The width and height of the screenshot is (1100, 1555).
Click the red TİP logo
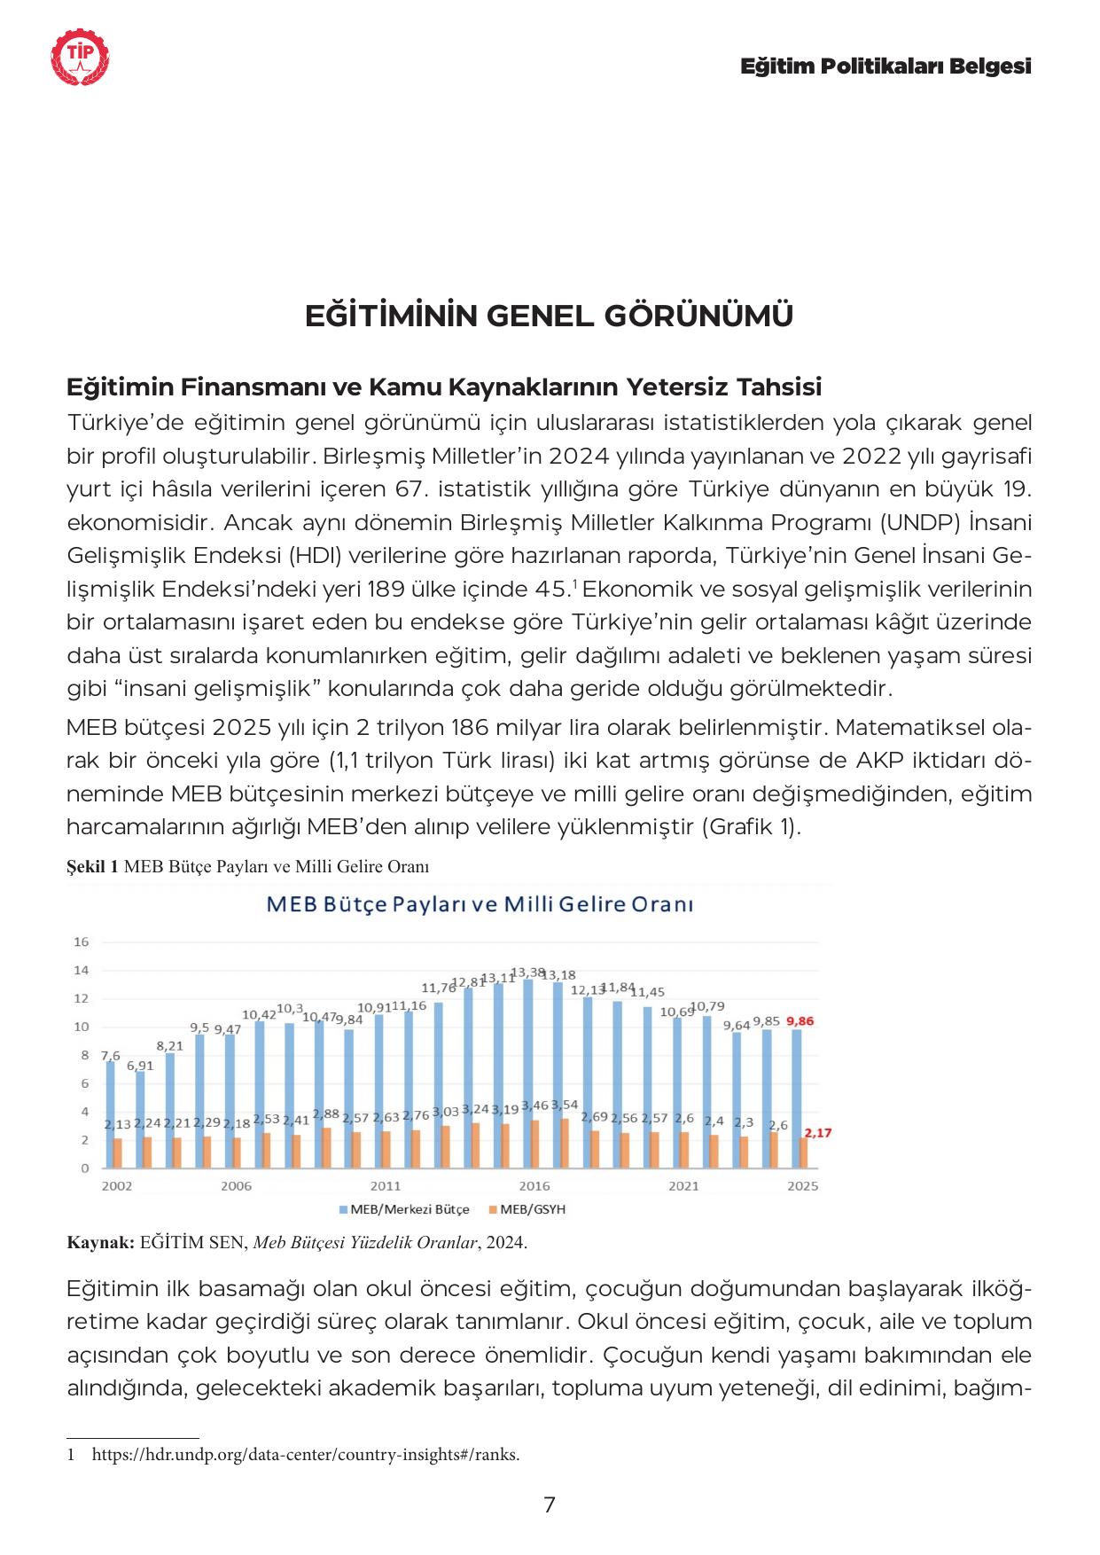(81, 58)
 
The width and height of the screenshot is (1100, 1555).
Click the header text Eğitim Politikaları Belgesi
(885, 66)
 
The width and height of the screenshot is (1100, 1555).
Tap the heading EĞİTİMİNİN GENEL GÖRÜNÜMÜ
(549, 316)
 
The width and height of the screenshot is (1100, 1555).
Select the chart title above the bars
(480, 904)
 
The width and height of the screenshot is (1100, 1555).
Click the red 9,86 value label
(800, 1021)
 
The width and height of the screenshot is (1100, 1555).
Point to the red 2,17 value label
(818, 1133)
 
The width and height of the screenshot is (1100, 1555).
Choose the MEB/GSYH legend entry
(527, 1209)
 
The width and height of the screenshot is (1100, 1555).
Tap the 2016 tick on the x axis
(534, 1186)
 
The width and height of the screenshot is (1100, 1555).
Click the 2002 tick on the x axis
(117, 1186)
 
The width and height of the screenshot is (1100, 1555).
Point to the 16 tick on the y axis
(82, 942)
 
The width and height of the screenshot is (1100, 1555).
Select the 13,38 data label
(529, 973)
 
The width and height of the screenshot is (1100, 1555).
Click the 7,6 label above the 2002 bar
(110, 1056)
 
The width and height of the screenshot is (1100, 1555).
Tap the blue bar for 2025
(796, 1099)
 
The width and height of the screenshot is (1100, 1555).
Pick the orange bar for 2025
(805, 1153)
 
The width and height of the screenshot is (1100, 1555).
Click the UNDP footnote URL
(306, 1455)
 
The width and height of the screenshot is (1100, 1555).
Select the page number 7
(550, 1504)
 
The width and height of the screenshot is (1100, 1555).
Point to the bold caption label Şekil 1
(92, 866)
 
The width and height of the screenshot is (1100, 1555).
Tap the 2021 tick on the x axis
(683, 1186)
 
